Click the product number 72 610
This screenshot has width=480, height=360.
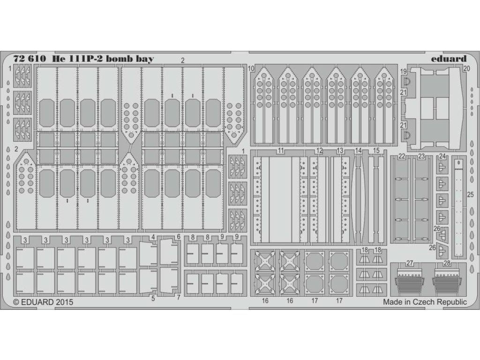(30, 60)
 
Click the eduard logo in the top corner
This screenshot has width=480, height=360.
(448, 59)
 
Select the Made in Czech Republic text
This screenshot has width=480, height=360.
(425, 302)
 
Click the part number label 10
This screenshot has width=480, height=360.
(251, 69)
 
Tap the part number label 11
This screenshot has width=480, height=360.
(281, 150)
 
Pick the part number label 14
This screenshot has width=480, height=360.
(359, 150)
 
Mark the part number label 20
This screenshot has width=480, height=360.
(466, 68)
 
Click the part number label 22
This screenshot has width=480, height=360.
(401, 157)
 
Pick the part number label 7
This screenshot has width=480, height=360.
(178, 297)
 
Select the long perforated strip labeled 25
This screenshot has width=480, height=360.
(459, 206)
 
